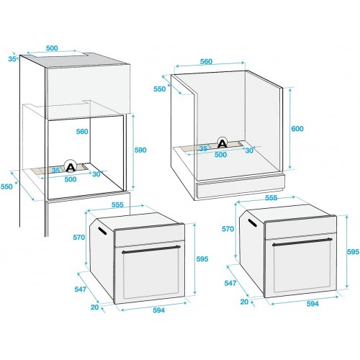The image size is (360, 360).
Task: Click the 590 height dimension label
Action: [140, 150]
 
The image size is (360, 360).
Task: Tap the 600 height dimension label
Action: [297, 129]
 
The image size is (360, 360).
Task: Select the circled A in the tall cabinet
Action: [71, 166]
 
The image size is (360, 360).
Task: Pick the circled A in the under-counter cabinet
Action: [222, 143]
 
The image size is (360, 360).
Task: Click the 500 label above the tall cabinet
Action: [52, 48]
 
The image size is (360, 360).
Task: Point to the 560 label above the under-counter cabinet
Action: [206, 61]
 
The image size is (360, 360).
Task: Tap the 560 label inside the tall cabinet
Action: [82, 132]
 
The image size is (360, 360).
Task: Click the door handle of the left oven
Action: [151, 248]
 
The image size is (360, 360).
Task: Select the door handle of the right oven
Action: [302, 242]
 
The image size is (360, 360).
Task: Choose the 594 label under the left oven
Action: [159, 310]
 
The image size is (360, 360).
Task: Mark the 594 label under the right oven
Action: [312, 304]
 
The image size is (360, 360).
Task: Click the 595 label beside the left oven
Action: [202, 259]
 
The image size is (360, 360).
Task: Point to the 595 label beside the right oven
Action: [353, 252]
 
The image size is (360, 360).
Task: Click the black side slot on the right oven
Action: [253, 222]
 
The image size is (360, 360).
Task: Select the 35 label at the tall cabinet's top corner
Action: [12, 58]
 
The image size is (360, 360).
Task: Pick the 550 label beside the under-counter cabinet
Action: [160, 89]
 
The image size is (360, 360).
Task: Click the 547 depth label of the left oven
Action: [81, 289]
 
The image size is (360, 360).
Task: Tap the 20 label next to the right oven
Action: [244, 302]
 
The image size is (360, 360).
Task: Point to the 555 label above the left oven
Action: [117, 204]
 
